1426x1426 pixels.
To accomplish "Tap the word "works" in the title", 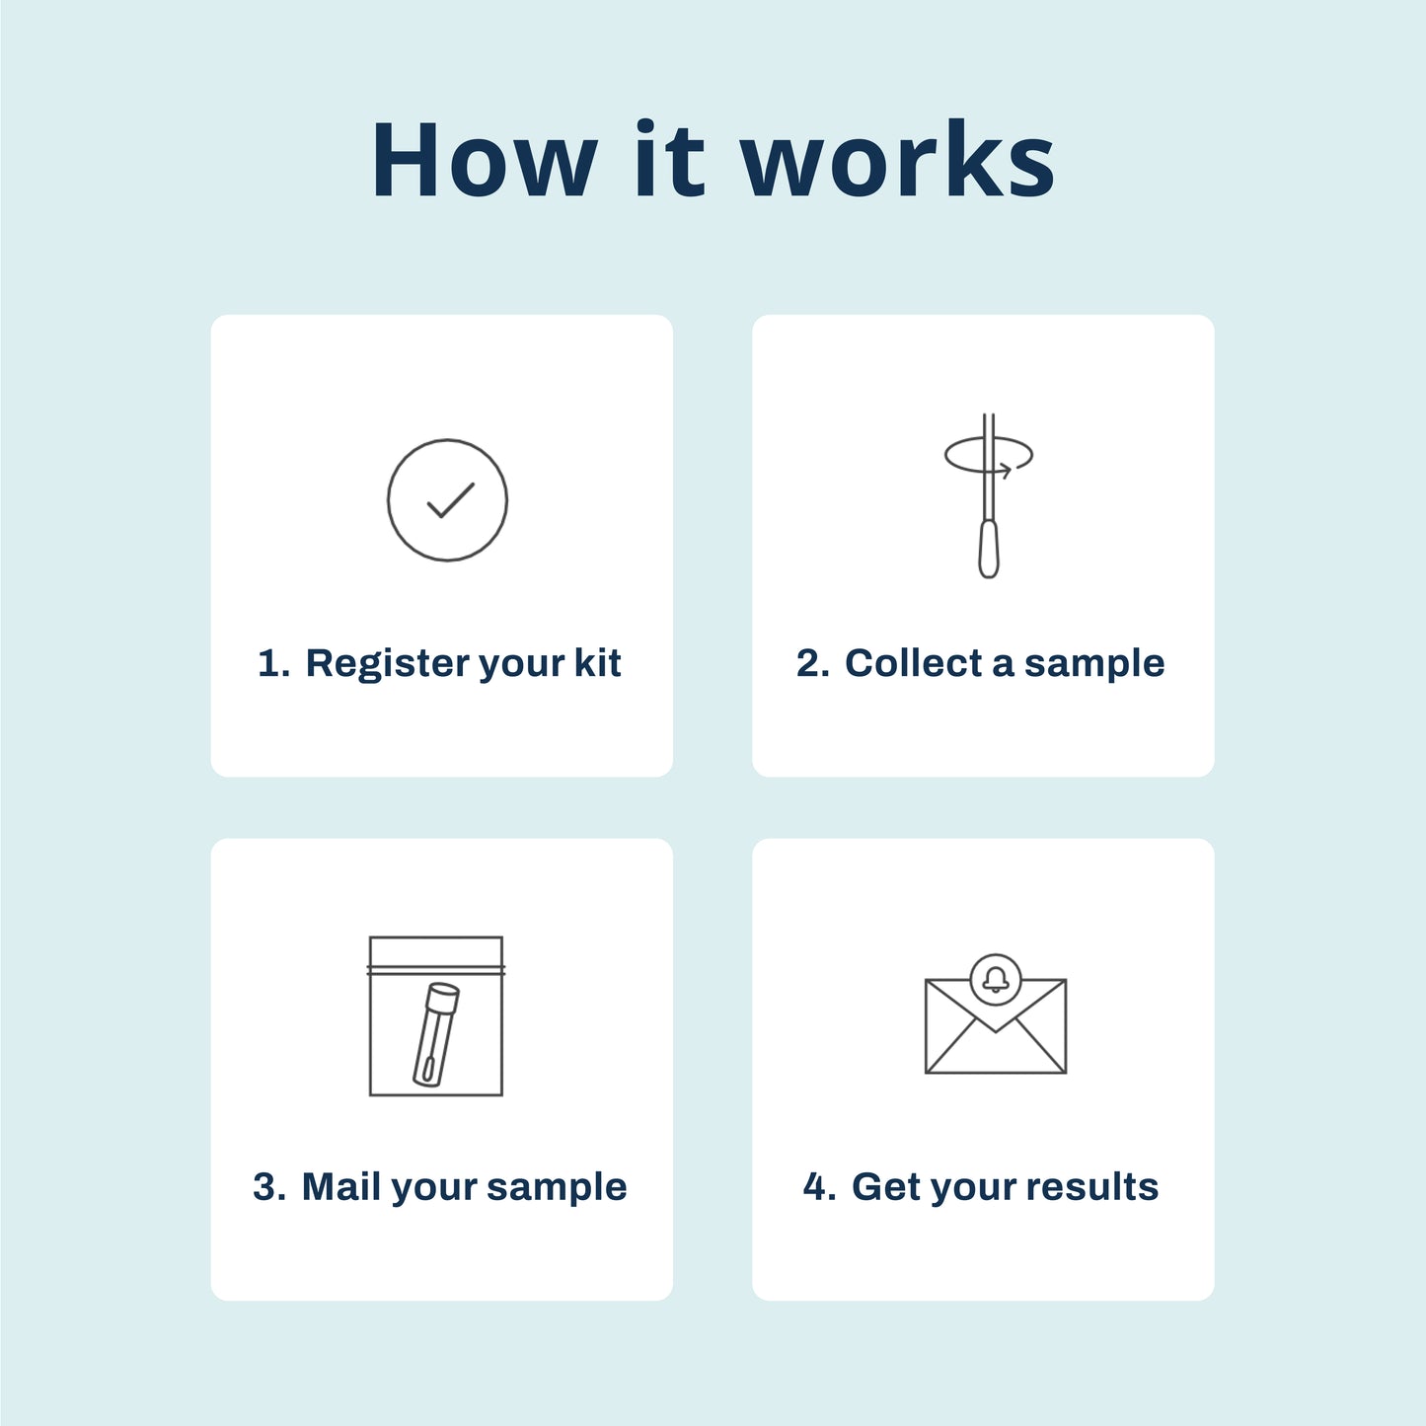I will [898, 161].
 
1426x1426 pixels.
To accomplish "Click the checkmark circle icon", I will [447, 500].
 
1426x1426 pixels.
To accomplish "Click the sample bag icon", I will [436, 1016].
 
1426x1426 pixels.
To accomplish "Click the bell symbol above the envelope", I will [996, 979].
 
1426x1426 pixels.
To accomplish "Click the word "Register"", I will [389, 663].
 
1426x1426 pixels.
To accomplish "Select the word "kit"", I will [597, 663].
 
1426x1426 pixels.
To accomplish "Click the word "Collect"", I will [914, 663].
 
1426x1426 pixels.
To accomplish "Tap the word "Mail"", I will [341, 1186].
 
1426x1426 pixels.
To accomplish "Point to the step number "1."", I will [273, 663].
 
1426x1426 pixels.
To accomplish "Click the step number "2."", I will [813, 663].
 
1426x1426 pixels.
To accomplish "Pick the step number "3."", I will [269, 1186].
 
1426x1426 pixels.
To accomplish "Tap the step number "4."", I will [819, 1186].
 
